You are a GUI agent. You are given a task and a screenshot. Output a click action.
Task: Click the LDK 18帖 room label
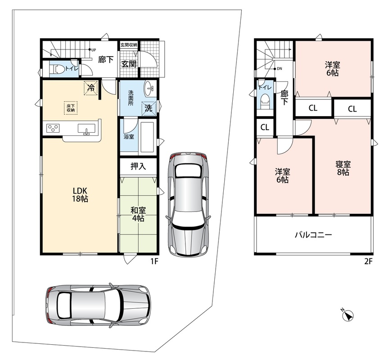click(x=80, y=194)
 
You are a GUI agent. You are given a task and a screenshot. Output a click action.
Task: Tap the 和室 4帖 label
click(x=138, y=214)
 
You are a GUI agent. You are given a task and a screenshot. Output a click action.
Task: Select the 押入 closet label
click(x=138, y=166)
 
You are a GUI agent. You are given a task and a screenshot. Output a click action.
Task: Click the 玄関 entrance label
click(x=129, y=64)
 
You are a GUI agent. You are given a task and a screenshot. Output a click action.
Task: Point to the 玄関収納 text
click(x=129, y=45)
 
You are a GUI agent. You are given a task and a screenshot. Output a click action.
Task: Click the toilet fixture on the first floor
click(x=58, y=69)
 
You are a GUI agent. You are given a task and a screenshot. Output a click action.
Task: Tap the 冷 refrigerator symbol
click(x=91, y=87)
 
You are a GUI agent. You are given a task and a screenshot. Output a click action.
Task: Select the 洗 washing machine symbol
click(x=149, y=108)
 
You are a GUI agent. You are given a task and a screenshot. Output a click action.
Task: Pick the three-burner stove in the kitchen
click(x=53, y=128)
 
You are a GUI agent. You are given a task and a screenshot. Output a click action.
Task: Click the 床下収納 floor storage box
click(x=71, y=108)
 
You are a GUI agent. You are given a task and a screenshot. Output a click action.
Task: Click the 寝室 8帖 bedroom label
click(x=343, y=168)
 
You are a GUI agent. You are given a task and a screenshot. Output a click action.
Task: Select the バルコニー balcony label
click(x=313, y=235)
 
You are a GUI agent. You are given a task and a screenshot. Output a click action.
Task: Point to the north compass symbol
click(x=348, y=315)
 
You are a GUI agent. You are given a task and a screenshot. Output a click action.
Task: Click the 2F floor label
click(x=368, y=261)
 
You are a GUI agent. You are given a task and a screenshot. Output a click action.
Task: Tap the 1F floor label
click(x=154, y=261)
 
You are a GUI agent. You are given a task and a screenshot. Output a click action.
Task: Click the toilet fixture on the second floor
click(x=265, y=102)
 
